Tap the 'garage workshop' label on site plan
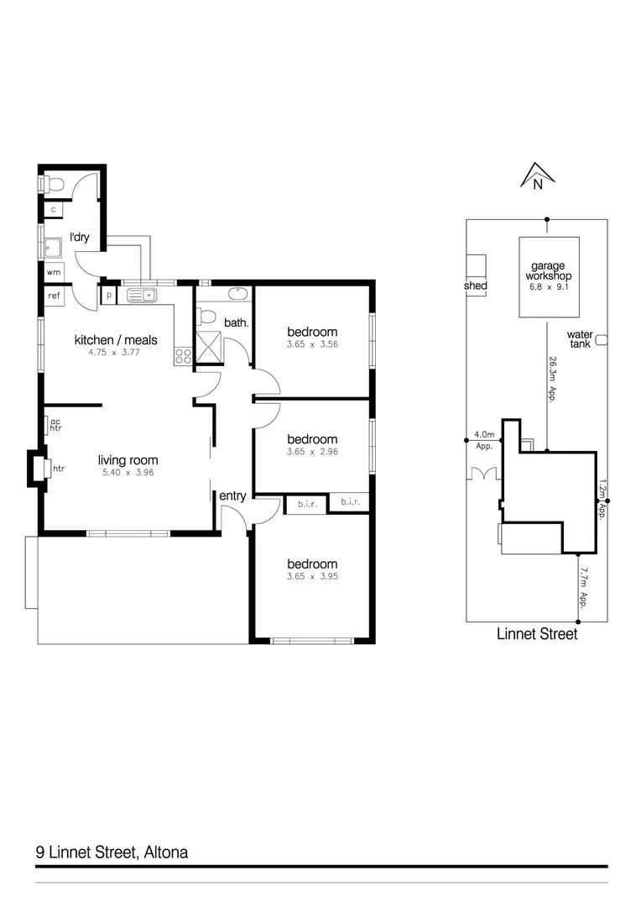[549, 270]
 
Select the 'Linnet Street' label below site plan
[537, 634]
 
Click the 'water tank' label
[580, 338]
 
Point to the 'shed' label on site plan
[475, 286]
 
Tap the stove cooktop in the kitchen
[183, 356]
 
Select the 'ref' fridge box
[55, 296]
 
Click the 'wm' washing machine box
[54, 272]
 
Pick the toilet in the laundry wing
[55, 184]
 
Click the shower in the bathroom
[209, 348]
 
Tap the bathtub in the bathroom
[235, 294]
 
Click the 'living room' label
[128, 460]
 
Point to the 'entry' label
[232, 496]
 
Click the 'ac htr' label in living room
[56, 425]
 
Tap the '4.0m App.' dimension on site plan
[484, 440]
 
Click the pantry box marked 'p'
[110, 296]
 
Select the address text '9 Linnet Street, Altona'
[112, 852]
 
